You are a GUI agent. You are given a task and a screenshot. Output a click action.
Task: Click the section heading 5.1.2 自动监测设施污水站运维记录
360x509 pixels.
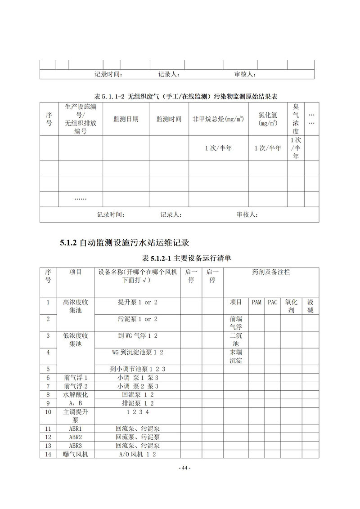124,243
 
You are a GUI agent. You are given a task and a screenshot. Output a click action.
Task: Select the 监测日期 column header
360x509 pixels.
126,119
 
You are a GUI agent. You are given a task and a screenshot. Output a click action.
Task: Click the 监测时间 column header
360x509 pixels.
169,119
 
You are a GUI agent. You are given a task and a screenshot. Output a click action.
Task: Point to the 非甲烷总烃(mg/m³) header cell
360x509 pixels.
218,119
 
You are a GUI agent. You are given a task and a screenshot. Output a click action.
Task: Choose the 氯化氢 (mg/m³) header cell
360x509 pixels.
268,119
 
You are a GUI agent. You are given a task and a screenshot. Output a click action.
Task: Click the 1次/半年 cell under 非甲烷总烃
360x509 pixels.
218,148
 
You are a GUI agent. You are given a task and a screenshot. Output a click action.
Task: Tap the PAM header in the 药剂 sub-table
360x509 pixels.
256,302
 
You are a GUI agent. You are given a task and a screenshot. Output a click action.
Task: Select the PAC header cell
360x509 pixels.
272,302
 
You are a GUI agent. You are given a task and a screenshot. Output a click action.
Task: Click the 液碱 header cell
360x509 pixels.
310,306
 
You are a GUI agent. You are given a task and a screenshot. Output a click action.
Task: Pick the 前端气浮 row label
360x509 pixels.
236,323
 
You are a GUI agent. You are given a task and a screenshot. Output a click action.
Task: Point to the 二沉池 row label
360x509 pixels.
236,339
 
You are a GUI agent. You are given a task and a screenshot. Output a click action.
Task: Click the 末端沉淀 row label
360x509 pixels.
236,356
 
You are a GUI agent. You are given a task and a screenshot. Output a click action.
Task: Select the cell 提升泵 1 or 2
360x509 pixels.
138,302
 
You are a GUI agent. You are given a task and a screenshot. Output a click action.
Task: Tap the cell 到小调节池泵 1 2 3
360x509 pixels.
138,369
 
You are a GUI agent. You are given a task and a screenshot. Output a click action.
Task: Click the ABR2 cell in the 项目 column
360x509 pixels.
76,437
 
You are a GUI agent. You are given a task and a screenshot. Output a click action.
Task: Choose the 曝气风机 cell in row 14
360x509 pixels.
76,455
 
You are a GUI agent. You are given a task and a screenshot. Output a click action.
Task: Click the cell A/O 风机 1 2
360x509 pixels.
138,455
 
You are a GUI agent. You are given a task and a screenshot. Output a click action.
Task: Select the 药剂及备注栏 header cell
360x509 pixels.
271,272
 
